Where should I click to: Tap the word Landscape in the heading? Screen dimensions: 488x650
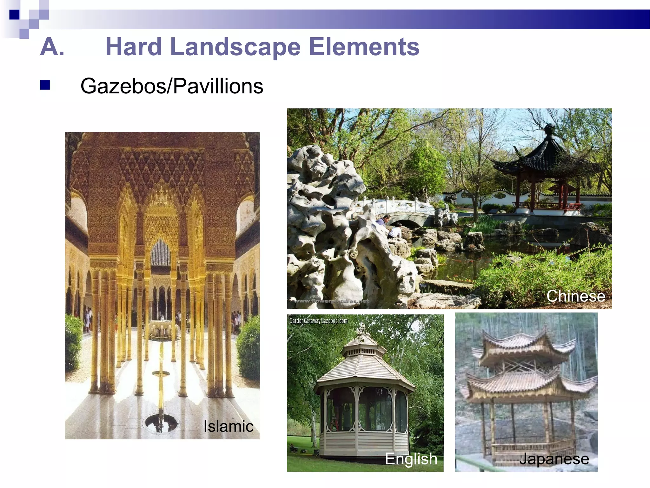click(235, 47)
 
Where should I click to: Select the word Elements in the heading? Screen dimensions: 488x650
click(364, 47)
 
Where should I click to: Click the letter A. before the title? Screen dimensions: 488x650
click(52, 47)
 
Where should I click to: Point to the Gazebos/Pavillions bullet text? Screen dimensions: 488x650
click(172, 86)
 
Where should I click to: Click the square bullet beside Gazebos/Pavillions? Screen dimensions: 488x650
click(45, 85)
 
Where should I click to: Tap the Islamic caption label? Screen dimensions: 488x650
click(228, 426)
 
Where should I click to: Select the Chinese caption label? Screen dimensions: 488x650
click(575, 296)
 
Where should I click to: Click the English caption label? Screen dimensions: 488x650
click(411, 458)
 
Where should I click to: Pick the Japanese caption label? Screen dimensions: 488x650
click(554, 459)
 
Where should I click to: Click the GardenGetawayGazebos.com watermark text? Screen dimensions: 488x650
click(318, 321)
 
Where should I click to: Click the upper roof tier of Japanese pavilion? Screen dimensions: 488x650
click(524, 346)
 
